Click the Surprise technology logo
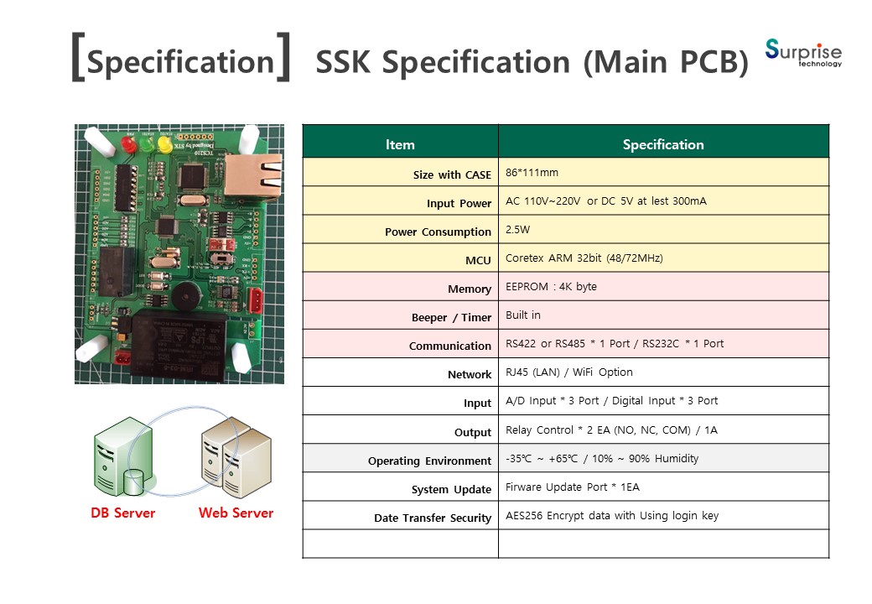(803, 54)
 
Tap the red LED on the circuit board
(128, 144)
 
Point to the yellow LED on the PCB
(164, 144)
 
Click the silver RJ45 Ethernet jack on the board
(253, 176)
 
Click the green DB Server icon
(123, 456)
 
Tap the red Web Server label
(236, 513)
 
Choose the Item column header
(401, 144)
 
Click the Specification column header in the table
(663, 144)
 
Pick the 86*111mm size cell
(532, 173)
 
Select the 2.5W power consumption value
(518, 229)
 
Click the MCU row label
(478, 260)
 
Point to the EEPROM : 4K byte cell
(551, 286)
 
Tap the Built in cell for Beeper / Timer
(522, 315)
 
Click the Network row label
(470, 375)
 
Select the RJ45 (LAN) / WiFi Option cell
(569, 372)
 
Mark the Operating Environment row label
(429, 461)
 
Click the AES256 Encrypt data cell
(612, 516)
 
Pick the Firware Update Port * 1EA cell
(572, 487)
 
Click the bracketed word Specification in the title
(181, 60)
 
